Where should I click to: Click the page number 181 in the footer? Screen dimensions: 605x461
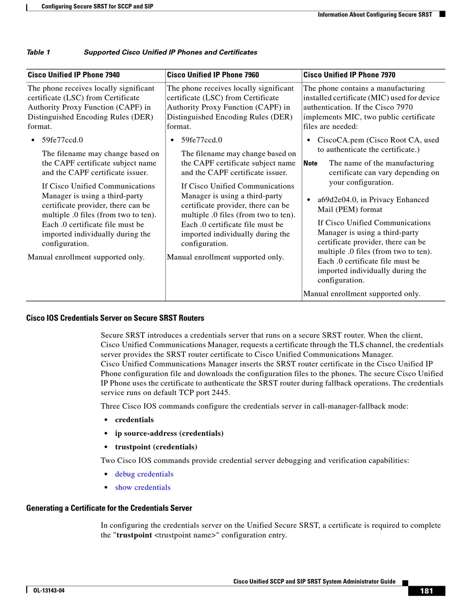coord(427,591)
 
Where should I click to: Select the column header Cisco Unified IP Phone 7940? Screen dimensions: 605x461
coord(74,75)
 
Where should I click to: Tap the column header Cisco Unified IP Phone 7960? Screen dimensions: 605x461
coord(213,75)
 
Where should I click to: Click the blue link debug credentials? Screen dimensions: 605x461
coord(144,474)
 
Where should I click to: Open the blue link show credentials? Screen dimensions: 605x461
coord(143,488)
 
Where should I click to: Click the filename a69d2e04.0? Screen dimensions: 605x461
coord(337,200)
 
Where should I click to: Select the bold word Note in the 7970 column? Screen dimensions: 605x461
coord(311,163)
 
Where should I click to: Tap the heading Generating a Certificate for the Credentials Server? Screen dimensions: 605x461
coord(109,508)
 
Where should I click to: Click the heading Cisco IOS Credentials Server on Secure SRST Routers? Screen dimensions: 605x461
coord(115,318)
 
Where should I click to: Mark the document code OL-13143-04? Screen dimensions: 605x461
coord(49,591)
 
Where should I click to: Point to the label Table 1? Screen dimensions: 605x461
coord(38,52)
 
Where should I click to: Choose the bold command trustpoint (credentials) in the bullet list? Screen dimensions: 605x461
coord(156,447)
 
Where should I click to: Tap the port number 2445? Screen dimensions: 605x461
coord(221,393)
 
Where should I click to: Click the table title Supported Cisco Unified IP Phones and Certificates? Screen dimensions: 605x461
coord(170,52)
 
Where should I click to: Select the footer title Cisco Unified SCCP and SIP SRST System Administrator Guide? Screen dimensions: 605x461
coord(314,582)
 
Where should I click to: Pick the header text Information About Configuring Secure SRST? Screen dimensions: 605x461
coord(375,15)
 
